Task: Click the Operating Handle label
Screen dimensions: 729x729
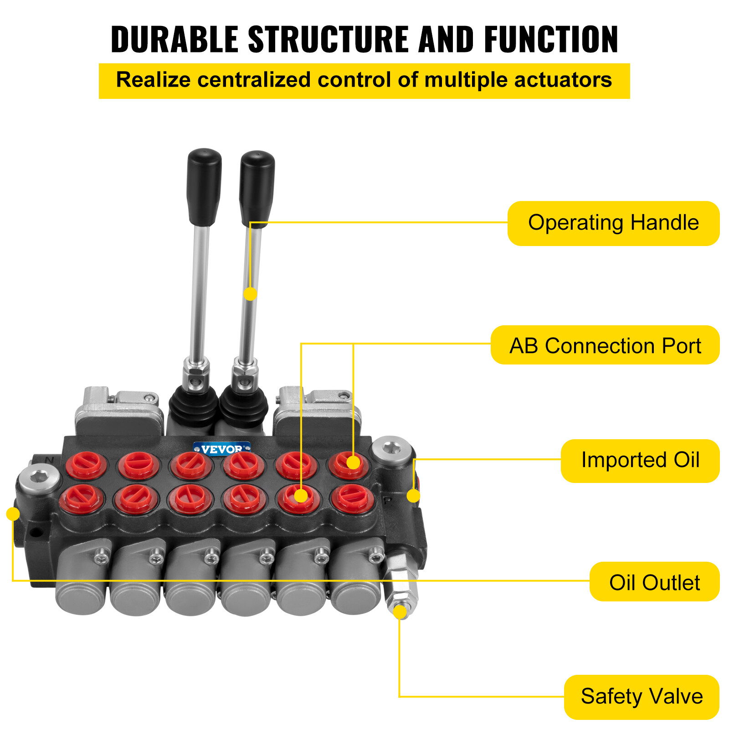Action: pyautogui.click(x=613, y=223)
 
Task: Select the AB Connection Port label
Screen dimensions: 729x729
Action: pyautogui.click(x=605, y=345)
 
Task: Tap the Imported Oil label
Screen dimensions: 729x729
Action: pyautogui.click(x=640, y=460)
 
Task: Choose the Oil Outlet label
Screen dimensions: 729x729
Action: pyautogui.click(x=654, y=582)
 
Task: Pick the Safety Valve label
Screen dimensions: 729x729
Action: pyautogui.click(x=642, y=697)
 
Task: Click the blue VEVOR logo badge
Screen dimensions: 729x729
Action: pyautogui.click(x=221, y=449)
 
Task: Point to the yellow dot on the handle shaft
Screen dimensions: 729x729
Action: pyautogui.click(x=250, y=294)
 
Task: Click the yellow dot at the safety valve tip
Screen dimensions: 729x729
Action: pyautogui.click(x=400, y=612)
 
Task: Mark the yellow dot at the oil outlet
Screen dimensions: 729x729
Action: pyautogui.click(x=13, y=514)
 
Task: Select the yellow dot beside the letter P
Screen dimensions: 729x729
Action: pyautogui.click(x=413, y=496)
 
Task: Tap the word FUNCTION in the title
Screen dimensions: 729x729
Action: pyautogui.click(x=551, y=40)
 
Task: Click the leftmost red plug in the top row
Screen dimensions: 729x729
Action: pyautogui.click(x=86, y=465)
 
